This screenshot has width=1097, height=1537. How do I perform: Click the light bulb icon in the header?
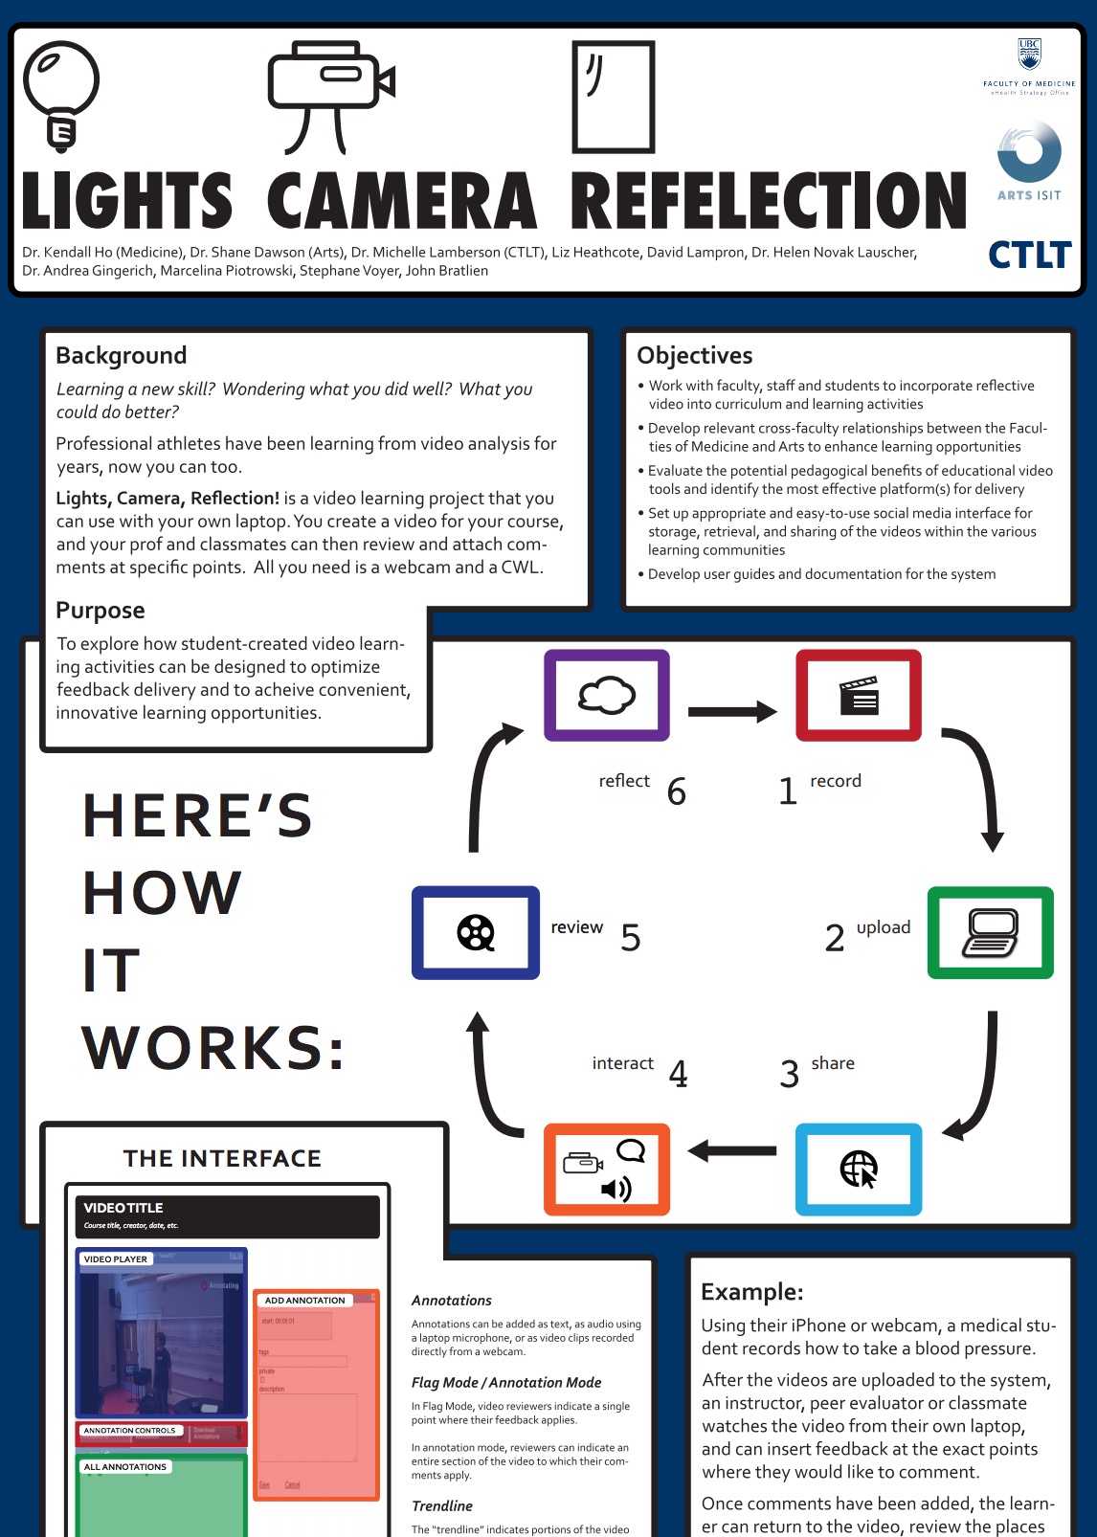tap(60, 94)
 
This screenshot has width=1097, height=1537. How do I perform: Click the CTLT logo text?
tap(1029, 256)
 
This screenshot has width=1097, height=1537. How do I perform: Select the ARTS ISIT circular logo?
tap(1029, 153)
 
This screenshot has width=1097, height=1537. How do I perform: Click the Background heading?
tap(122, 355)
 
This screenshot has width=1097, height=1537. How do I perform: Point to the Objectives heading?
tap(695, 355)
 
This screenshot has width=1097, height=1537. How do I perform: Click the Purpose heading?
tap(101, 610)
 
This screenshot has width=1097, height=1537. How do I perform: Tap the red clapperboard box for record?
tap(859, 696)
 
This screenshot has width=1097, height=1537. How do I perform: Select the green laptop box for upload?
tap(991, 932)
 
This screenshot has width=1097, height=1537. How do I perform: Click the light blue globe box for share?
tap(859, 1169)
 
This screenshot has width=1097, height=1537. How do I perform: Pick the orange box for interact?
tap(607, 1169)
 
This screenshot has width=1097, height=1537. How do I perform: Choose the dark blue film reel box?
tap(476, 932)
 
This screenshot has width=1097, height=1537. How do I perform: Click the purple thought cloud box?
tap(607, 696)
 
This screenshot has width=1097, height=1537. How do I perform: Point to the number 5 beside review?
tap(630, 938)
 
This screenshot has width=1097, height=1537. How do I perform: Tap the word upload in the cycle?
tap(884, 927)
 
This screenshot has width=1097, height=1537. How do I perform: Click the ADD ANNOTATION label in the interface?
tap(304, 1300)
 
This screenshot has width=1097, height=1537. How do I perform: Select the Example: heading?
tap(752, 1292)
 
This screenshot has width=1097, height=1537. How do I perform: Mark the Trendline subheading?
tap(442, 1505)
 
